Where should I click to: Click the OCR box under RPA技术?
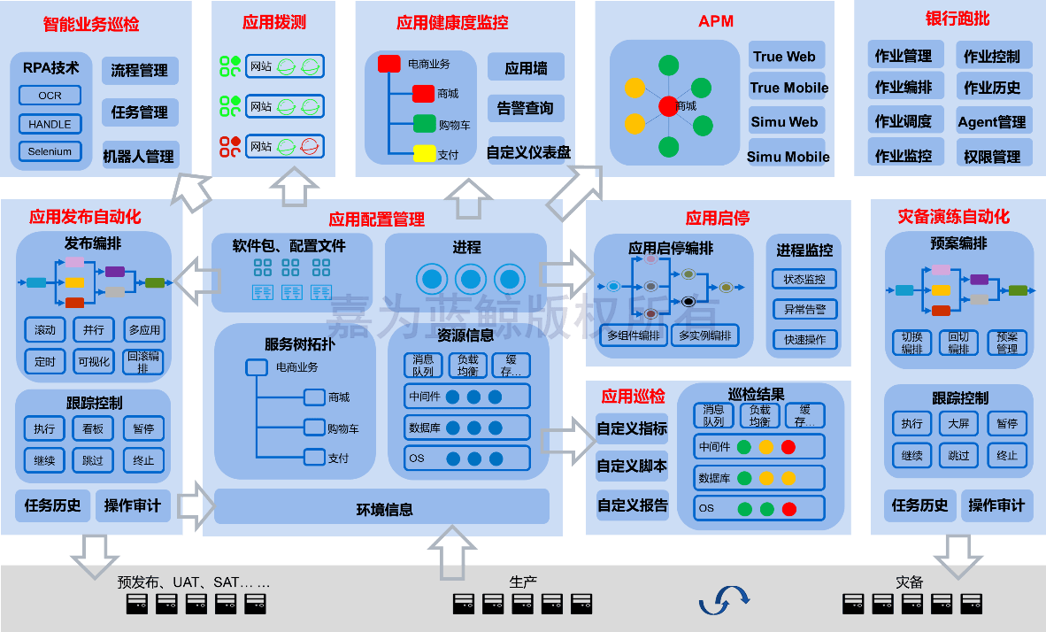[50, 96]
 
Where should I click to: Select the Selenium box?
[50, 151]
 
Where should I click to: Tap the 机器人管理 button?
[139, 157]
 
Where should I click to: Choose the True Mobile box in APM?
[788, 88]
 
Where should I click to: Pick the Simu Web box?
[785, 122]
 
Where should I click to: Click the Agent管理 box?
[992, 122]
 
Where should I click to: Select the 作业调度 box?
[904, 122]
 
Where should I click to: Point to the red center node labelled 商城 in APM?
[668, 106]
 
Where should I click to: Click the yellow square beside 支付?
[425, 154]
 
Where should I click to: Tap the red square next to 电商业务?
[389, 64]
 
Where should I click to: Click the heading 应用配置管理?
[377, 219]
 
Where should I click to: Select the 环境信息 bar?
[382, 509]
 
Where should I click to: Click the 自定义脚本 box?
[632, 466]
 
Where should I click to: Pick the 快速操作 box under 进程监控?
[804, 339]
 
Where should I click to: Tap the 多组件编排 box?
[634, 335]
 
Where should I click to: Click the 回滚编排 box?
[143, 361]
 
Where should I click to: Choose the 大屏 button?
[958, 424]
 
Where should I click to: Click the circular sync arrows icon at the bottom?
[724, 599]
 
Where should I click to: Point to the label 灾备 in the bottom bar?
[909, 582]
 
